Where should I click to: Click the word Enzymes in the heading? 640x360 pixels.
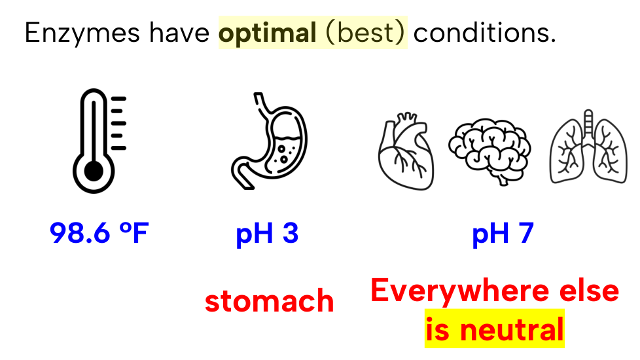tap(82, 33)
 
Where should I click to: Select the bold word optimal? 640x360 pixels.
tap(268, 33)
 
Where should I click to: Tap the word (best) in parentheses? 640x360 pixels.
tap(365, 33)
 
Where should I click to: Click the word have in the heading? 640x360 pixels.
tap(179, 32)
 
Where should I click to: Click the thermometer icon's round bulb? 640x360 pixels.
tap(94, 171)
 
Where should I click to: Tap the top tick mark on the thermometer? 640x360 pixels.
tap(119, 99)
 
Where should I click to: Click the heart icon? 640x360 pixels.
tap(406, 151)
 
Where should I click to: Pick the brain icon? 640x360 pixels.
tap(489, 151)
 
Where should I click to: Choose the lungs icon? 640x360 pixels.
tap(588, 147)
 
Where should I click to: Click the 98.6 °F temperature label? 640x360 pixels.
tap(99, 233)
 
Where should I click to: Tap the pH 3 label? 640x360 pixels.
tap(268, 234)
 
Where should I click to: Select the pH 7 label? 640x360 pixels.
tap(503, 234)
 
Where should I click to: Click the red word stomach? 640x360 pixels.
tap(270, 301)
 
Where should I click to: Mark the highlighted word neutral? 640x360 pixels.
tap(512, 329)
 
